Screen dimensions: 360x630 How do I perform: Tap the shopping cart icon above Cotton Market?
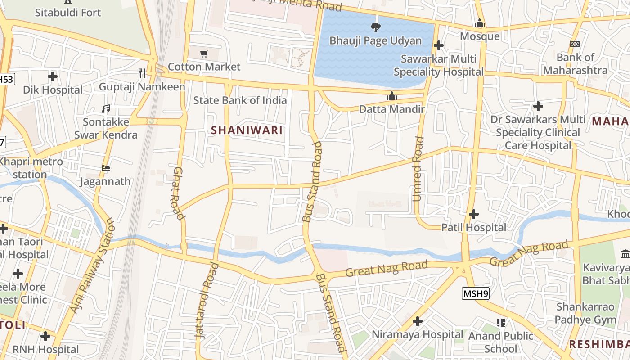tap(204, 54)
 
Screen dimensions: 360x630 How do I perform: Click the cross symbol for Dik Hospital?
tap(53, 76)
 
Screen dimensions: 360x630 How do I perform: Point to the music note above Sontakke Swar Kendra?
tap(106, 109)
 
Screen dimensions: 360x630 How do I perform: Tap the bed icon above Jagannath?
tap(106, 168)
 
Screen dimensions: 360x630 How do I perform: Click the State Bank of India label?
tap(240, 100)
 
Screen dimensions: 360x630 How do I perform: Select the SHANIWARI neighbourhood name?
tap(247, 130)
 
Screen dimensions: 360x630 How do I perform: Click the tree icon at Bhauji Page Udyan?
tap(375, 27)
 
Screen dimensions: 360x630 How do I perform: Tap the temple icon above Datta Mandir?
tap(391, 96)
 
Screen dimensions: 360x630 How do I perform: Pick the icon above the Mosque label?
tap(480, 23)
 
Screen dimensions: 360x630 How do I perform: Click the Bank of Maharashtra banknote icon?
tap(575, 44)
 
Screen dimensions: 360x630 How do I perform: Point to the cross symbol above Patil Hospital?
tap(473, 214)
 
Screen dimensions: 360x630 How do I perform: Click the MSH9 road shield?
tap(475, 294)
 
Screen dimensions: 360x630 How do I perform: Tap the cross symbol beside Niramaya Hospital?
tap(418, 321)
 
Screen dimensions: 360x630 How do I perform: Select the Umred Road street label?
tap(418, 169)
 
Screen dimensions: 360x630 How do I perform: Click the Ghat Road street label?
tap(179, 193)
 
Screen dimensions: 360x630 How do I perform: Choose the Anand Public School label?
tap(501, 342)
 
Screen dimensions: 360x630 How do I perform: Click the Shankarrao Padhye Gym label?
tap(585, 314)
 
